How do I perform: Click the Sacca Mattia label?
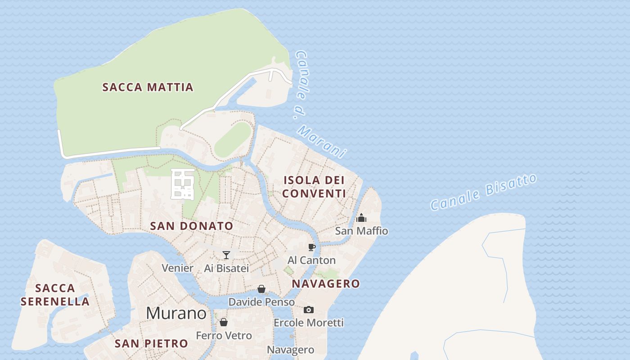[148, 87]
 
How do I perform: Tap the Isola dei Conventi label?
[314, 187]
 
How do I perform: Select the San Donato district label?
[192, 226]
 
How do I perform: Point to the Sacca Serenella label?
[55, 295]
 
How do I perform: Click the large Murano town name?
[176, 313]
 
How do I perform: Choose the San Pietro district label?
[151, 343]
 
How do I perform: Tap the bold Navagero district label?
[326, 283]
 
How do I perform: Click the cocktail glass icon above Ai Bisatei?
[226, 255]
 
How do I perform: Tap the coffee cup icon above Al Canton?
[311, 247]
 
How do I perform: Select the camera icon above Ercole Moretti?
[308, 310]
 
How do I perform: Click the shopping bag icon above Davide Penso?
[261, 289]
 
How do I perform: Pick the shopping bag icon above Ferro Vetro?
[224, 322]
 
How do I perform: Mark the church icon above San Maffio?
[361, 218]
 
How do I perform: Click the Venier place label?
[177, 268]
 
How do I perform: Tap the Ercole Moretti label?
[308, 323]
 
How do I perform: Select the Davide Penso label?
[261, 302]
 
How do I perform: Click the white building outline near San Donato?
[183, 184]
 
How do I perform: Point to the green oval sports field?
[232, 139]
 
